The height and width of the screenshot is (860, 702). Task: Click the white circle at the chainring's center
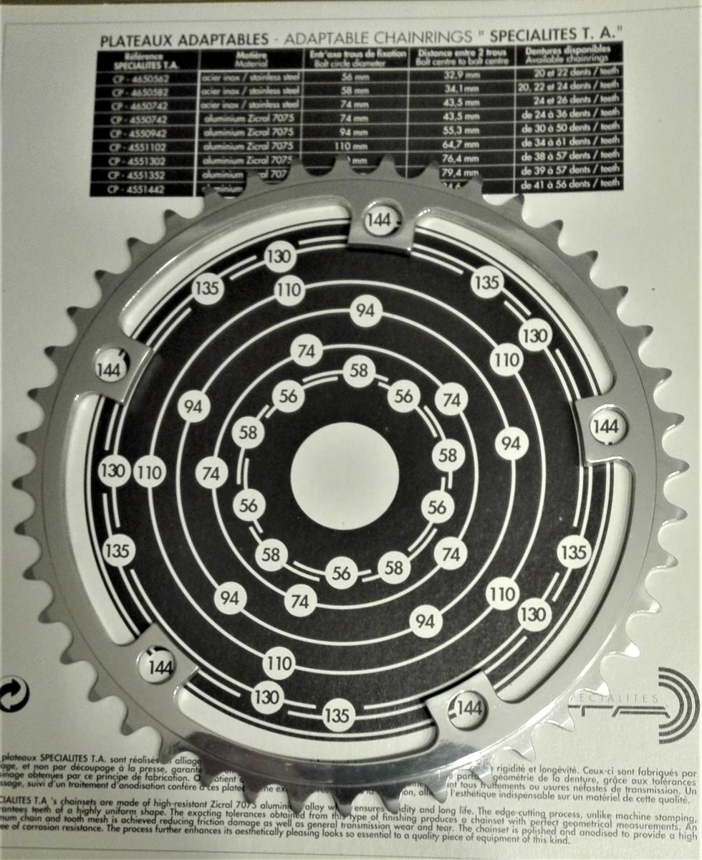(345, 474)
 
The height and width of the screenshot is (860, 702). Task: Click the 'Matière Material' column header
(250, 58)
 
